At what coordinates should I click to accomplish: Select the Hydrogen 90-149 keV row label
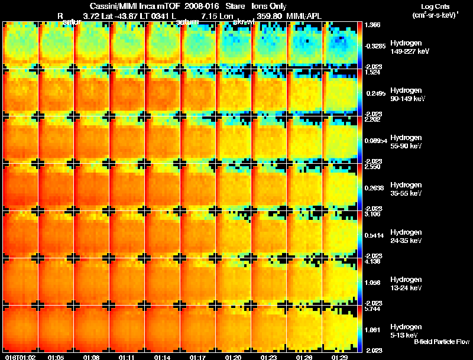406,95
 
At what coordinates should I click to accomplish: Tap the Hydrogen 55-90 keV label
406,142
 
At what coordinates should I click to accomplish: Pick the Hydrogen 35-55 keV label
406,189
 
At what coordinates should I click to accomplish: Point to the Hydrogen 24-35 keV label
406,236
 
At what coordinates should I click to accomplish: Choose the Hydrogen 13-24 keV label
406,284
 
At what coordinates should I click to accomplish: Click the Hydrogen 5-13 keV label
406,331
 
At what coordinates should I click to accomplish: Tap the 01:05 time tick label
56,357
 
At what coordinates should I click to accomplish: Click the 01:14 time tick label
163,357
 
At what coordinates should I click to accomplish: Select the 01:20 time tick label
234,357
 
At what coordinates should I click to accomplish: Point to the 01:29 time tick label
340,357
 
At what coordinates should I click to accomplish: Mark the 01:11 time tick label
127,357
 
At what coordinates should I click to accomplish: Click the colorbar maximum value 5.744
372,309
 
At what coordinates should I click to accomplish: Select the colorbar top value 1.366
372,25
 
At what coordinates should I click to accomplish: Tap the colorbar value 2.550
372,167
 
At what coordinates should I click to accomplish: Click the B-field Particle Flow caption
442,342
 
